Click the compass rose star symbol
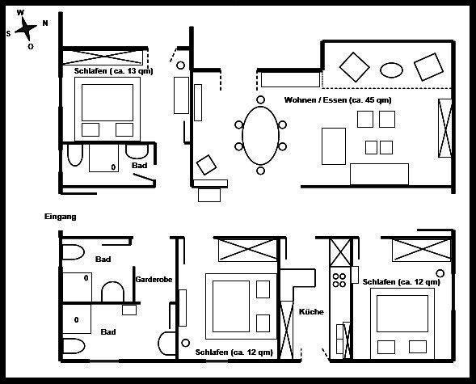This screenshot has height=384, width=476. [x=26, y=29]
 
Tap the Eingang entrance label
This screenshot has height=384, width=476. [x=60, y=217]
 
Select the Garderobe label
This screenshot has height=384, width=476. [x=154, y=279]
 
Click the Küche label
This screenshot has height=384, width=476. [x=311, y=312]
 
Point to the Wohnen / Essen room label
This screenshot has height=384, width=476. [x=338, y=100]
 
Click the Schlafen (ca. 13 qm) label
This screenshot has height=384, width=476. [x=113, y=71]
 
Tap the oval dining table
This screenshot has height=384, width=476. [x=260, y=135]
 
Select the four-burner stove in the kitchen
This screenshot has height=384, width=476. [x=339, y=281]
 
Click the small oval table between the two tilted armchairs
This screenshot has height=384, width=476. [x=391, y=70]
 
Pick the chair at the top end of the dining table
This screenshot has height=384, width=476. [x=260, y=99]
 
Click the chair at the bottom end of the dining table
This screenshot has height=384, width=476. [x=260, y=171]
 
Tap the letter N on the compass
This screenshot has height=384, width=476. [x=45, y=23]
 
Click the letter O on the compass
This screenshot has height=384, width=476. [x=31, y=46]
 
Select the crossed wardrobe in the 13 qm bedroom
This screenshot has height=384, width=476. [x=103, y=57]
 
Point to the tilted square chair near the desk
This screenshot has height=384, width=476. [x=206, y=165]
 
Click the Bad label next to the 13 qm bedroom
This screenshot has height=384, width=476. [x=139, y=166]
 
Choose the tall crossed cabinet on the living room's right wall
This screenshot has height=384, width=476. [x=445, y=128]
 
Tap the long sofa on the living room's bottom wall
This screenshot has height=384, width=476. [x=379, y=174]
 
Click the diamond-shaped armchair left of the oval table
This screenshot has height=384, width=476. [x=354, y=67]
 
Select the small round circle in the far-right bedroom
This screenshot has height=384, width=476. [x=440, y=273]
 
